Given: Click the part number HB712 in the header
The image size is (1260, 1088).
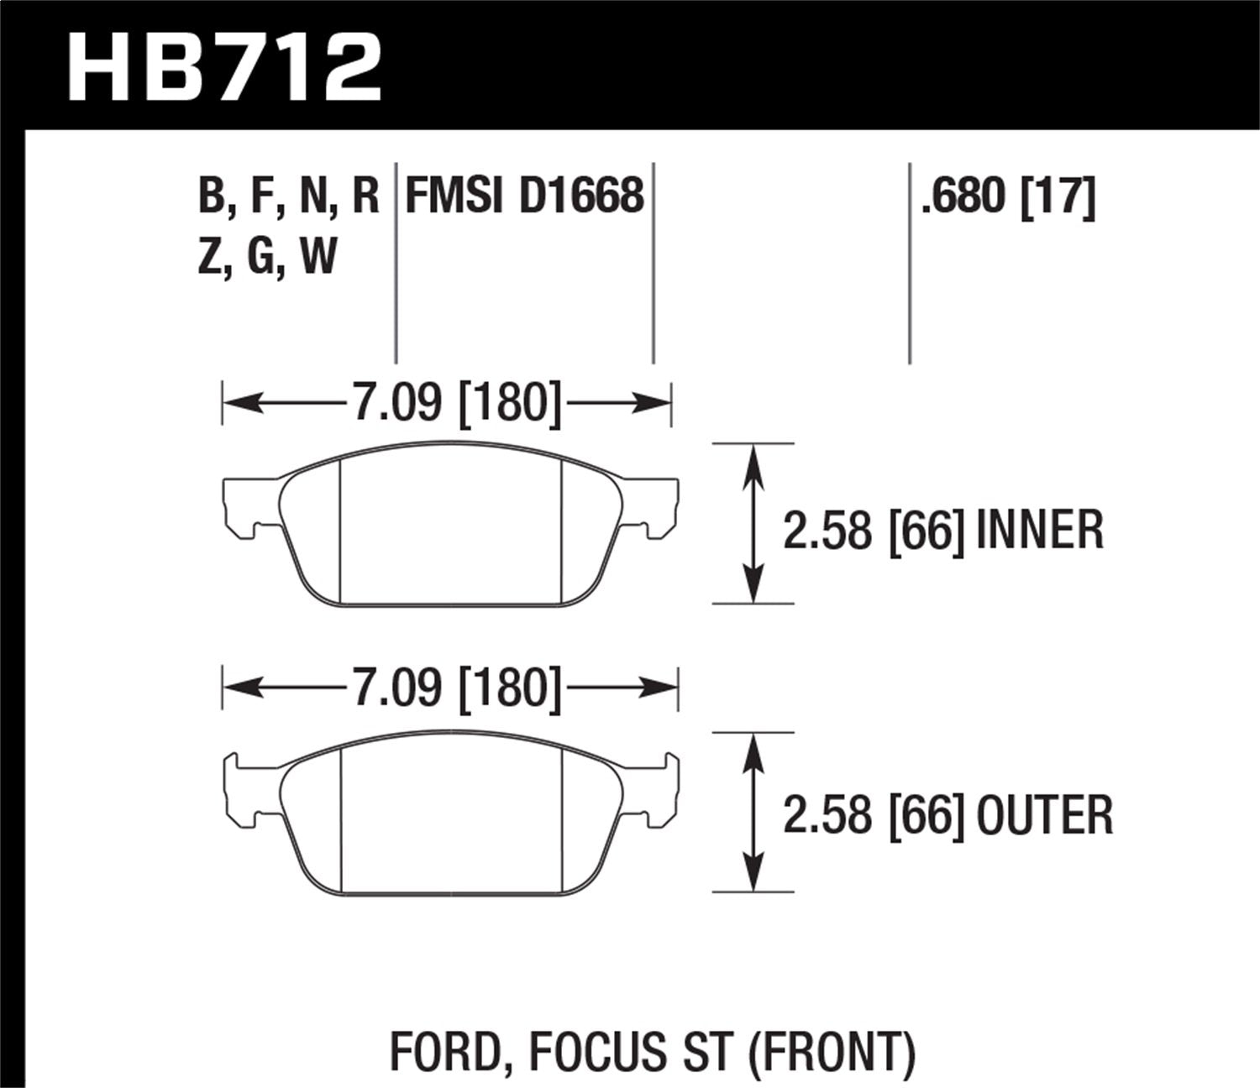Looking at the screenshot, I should tap(225, 68).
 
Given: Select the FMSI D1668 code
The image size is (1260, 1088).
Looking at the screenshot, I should tap(524, 196).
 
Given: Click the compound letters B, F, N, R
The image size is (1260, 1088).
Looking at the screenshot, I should tap(289, 196).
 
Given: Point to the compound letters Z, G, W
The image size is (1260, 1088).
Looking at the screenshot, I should tap(267, 256).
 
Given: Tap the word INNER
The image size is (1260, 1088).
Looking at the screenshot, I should tap(1040, 531).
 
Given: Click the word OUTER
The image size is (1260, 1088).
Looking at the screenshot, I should tap(1045, 815).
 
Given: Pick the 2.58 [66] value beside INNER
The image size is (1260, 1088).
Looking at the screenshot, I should tap(874, 531).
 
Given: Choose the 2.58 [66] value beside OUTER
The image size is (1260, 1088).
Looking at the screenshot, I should tap(874, 815).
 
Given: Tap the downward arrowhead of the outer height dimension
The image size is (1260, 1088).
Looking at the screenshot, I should tap(753, 873).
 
